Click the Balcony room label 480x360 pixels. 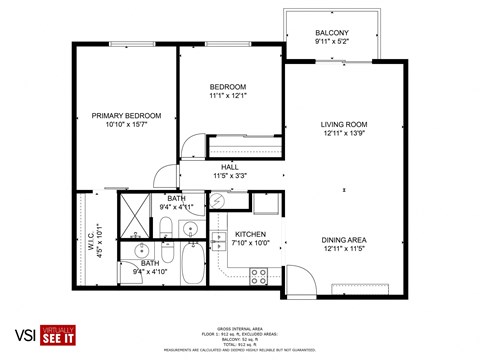[x=331, y=33]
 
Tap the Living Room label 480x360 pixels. [x=344, y=124]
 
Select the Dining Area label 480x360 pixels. [x=343, y=239]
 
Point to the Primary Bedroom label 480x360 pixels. [x=126, y=116]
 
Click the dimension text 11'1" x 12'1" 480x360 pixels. [x=227, y=95]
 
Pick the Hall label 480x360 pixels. [x=229, y=166]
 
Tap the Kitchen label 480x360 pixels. [x=249, y=233]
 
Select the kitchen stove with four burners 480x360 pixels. [x=258, y=273]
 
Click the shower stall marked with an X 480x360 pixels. [x=133, y=213]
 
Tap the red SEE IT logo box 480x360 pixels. [x=59, y=339]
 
